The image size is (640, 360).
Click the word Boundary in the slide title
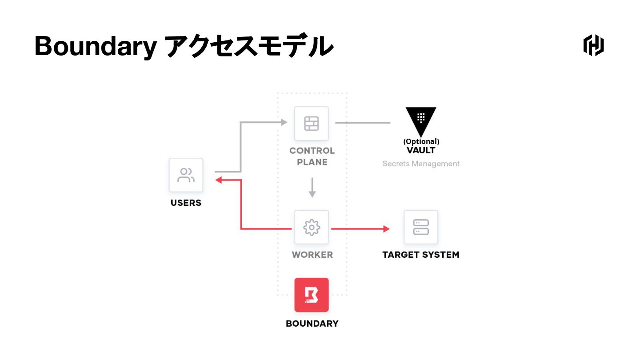(x=95, y=46)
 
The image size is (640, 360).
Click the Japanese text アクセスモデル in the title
(x=249, y=46)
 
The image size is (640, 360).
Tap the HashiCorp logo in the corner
(x=593, y=45)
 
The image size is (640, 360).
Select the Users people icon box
(x=186, y=175)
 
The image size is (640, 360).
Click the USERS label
(x=186, y=203)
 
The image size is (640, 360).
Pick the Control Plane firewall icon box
(x=312, y=123)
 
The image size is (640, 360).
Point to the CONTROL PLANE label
(x=312, y=156)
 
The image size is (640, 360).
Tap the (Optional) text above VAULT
(x=421, y=141)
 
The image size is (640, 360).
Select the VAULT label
(x=421, y=150)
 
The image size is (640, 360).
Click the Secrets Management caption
(x=421, y=164)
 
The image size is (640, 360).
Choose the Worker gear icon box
(x=312, y=227)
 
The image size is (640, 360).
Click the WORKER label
(x=312, y=255)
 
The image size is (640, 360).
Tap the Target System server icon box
(x=421, y=227)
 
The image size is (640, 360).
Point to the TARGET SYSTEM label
(x=421, y=255)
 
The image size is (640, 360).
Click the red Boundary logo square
(x=312, y=295)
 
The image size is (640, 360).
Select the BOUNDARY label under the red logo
(x=312, y=324)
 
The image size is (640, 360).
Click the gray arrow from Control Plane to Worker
(x=312, y=188)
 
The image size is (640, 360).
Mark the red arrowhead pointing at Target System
(x=387, y=228)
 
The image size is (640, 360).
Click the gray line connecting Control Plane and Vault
(x=362, y=123)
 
